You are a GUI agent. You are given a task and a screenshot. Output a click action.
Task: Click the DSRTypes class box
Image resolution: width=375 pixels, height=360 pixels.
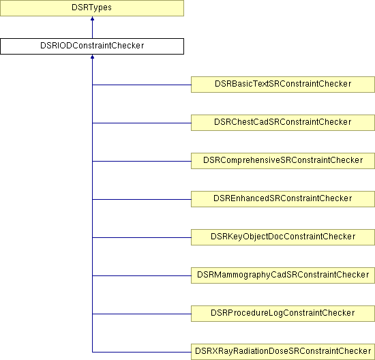92,8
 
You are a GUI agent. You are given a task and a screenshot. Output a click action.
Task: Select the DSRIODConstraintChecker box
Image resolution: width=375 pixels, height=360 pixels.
92,46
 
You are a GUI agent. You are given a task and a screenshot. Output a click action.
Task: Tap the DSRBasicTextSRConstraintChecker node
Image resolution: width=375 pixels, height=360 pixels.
283,85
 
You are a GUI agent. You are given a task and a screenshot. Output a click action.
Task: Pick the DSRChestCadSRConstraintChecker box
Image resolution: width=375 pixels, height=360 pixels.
283,123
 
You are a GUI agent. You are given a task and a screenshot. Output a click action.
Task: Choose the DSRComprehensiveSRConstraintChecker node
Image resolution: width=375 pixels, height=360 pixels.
283,161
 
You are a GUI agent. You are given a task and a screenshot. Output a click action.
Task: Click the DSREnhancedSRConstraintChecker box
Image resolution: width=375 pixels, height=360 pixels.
283,199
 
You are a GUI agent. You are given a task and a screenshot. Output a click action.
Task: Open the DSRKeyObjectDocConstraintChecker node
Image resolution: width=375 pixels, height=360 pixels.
283,237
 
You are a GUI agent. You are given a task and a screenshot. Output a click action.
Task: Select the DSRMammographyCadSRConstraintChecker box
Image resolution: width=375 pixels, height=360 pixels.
283,275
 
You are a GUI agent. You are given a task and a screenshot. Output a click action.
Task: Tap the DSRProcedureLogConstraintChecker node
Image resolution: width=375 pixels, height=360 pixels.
283,314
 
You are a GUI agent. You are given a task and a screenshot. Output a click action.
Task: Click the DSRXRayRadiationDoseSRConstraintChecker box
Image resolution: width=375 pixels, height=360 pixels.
283,352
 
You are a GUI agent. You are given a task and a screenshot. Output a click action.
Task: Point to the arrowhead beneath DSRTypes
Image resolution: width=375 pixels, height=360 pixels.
92,18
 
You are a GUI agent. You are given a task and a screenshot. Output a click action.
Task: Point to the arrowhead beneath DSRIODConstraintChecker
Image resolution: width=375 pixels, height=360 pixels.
92,57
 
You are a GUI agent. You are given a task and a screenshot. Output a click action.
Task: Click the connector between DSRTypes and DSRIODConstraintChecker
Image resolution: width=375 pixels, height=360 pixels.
92,27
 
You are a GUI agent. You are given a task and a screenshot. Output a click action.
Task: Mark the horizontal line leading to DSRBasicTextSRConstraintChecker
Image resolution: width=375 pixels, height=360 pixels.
142,85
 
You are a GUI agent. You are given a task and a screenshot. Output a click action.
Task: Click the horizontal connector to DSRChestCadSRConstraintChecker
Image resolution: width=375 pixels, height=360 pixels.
142,123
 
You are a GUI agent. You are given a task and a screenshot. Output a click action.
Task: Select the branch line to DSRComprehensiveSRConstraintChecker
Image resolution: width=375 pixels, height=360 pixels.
142,161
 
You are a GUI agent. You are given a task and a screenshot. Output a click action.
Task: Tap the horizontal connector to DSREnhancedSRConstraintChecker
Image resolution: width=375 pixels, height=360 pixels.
142,199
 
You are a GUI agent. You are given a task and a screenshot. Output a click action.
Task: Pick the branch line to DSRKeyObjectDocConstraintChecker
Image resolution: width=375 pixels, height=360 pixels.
142,237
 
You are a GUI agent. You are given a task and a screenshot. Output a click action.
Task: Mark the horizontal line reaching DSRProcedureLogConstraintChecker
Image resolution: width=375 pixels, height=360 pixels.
142,314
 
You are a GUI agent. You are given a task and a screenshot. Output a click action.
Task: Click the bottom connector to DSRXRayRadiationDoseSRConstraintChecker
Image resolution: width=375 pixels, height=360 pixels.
142,352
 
